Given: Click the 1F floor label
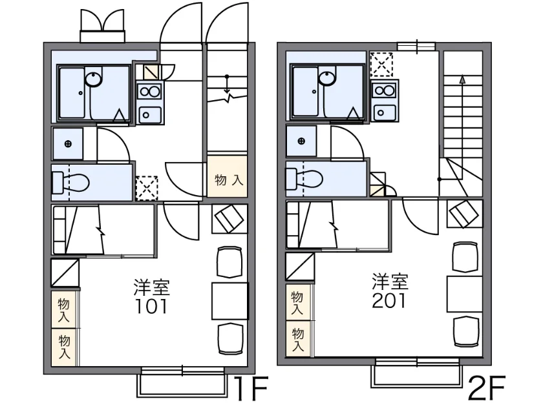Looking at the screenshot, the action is (251, 388).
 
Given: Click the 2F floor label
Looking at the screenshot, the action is (487, 387).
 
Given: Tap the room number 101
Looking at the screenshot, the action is (151, 306).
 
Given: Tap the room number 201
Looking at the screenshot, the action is (389, 301).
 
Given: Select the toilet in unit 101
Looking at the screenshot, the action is (70, 182).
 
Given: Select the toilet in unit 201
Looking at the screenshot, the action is (304, 179).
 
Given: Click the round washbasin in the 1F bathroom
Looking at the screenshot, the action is (94, 79).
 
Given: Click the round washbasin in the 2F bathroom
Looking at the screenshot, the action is (327, 77).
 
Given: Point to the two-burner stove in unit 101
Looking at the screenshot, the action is (149, 92).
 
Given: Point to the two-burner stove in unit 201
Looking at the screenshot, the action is (385, 90).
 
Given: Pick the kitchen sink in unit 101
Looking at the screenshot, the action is (149, 114).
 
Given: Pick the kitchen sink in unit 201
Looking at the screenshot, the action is (385, 112).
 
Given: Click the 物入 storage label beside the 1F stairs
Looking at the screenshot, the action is (228, 180).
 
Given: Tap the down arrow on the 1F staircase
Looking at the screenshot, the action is (227, 85).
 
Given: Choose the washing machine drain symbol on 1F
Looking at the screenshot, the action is (68, 144).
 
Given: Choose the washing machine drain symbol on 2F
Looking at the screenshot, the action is (301, 141).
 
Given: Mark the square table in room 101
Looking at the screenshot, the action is (230, 301).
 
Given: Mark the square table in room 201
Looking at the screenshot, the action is (464, 294).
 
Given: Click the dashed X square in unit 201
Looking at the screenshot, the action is (381, 65).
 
